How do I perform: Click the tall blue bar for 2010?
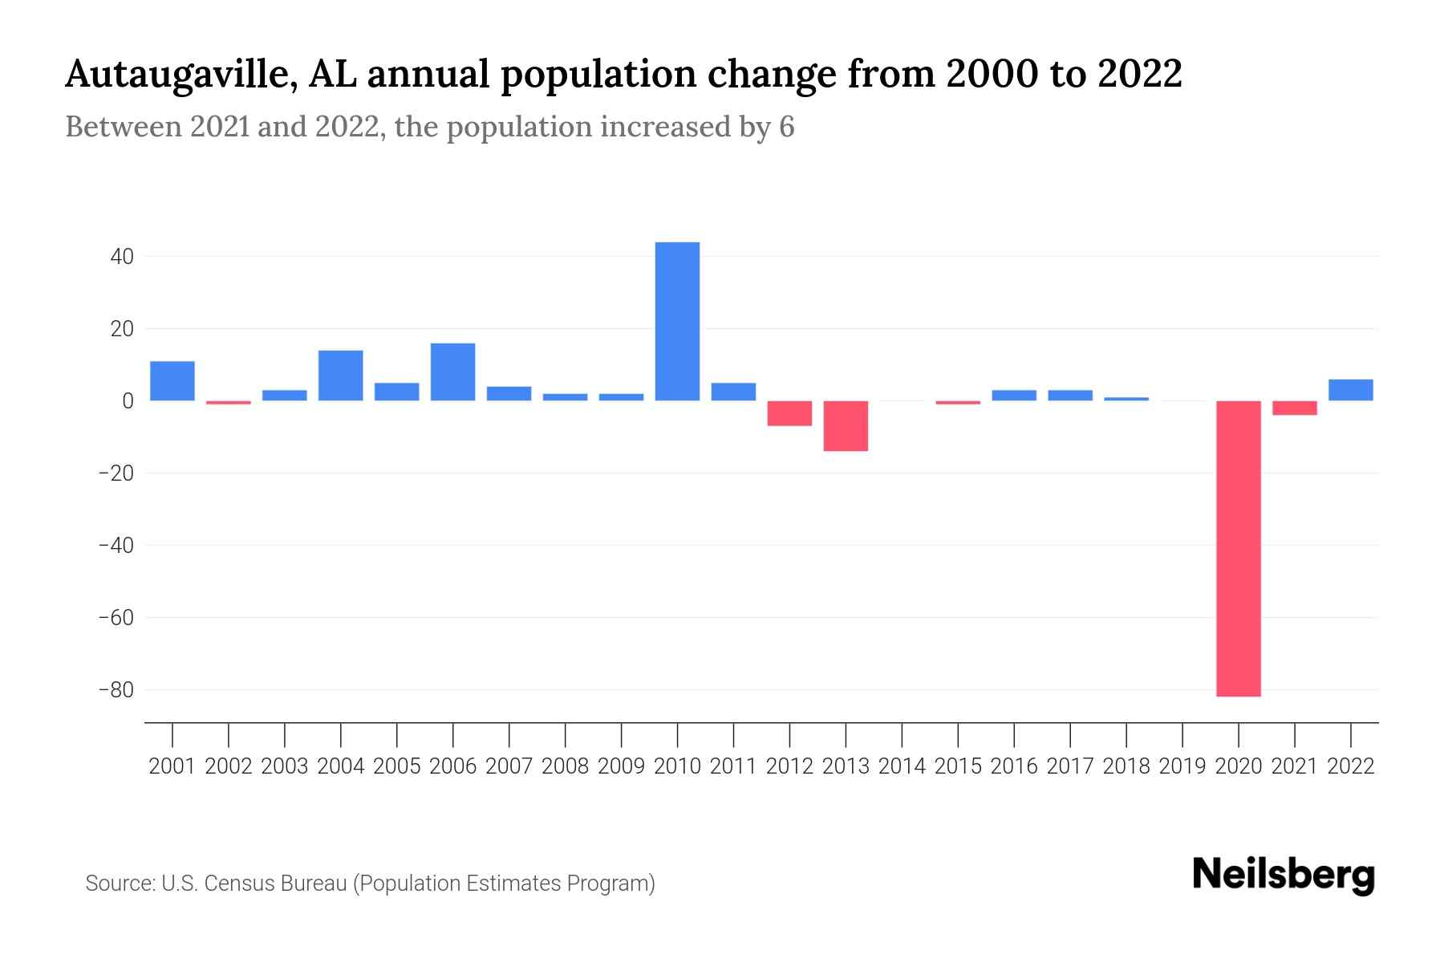[677, 321]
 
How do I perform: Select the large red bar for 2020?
[1238, 548]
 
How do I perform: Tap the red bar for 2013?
[846, 426]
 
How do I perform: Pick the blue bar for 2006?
[452, 372]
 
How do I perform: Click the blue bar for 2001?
[172, 381]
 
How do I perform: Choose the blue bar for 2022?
[1350, 390]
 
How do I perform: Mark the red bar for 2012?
[789, 413]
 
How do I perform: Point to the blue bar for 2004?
[341, 376]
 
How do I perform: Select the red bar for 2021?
[1294, 408]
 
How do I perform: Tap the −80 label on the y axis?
[116, 690]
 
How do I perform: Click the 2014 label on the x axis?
[902, 766]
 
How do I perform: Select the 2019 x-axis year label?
[1182, 766]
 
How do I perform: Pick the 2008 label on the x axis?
[565, 766]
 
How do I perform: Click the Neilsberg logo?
[1284, 876]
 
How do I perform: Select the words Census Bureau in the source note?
[275, 884]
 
